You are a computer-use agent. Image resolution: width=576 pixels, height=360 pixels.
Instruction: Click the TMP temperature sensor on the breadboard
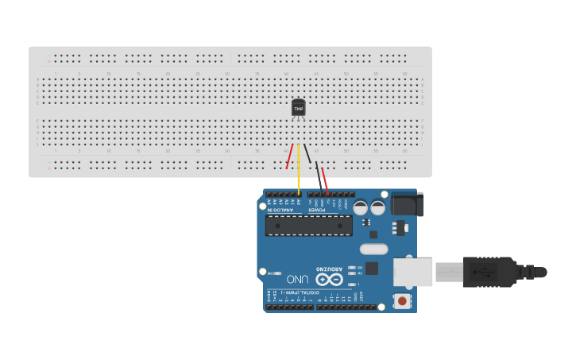pos(298,107)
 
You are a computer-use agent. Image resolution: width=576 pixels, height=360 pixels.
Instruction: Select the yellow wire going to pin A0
pos(299,171)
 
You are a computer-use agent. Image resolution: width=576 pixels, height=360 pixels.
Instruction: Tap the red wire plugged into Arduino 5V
pos(325,181)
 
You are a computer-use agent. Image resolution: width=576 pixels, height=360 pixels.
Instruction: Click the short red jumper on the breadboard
pos(289,157)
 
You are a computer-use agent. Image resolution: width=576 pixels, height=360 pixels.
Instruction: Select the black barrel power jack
pos(407,205)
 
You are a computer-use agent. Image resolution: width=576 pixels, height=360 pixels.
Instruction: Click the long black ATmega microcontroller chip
pos(309,225)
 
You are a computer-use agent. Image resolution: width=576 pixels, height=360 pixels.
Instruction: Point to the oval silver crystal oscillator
pos(373,249)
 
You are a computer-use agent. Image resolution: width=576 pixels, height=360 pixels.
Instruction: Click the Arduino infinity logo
pos(329,280)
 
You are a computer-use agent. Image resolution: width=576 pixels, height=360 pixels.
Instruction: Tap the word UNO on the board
pos(297,280)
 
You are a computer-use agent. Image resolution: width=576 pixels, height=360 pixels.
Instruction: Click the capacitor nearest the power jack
pos(378,207)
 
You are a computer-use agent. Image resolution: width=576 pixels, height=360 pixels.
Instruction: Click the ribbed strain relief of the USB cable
pos(525,272)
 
